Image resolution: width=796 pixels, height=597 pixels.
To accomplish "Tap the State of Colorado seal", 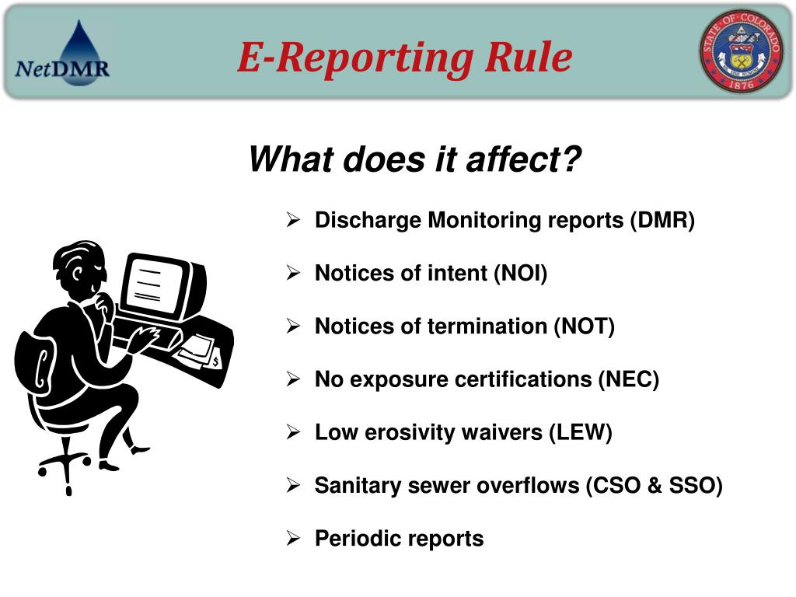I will click(743, 52).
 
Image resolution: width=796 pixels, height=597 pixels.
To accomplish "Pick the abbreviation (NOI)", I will click(520, 274).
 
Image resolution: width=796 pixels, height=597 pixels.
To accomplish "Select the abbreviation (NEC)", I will click(628, 379).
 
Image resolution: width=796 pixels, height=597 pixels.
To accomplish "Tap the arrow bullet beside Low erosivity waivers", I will click(294, 433).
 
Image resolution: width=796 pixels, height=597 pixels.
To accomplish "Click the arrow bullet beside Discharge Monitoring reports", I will click(294, 222).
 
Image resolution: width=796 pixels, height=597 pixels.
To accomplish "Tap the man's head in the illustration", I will click(82, 268).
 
